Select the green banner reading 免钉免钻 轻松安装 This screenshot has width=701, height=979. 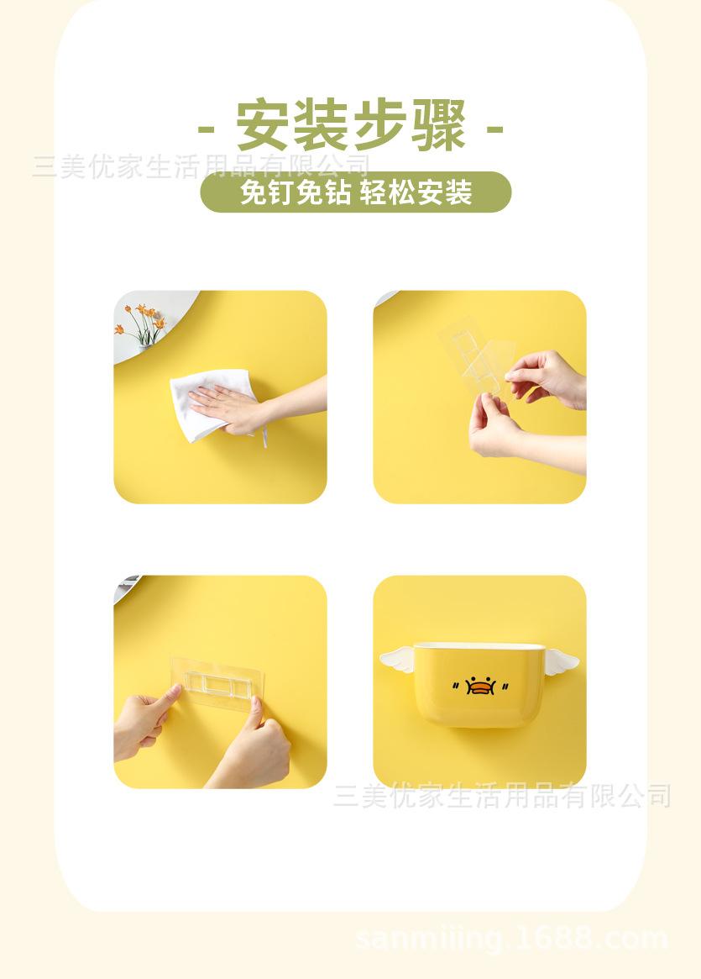pos(355,192)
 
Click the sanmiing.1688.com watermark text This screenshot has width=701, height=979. pos(512,939)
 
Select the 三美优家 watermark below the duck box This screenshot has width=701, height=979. pos(502,795)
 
